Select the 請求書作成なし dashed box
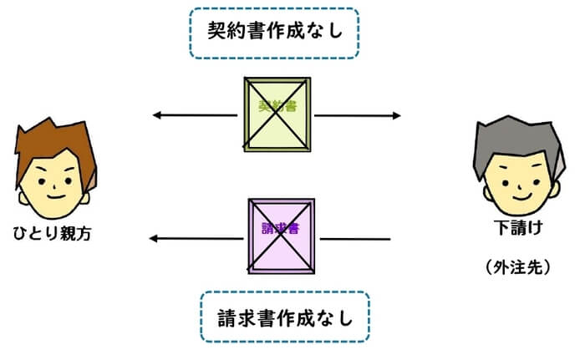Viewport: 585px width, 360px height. click(x=284, y=317)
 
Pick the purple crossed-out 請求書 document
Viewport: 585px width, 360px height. click(x=282, y=235)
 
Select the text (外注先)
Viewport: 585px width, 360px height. click(x=516, y=269)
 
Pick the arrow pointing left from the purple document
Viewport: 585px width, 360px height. click(x=197, y=240)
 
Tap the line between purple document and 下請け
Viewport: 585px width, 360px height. click(x=355, y=240)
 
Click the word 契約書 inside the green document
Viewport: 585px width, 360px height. click(x=277, y=107)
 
